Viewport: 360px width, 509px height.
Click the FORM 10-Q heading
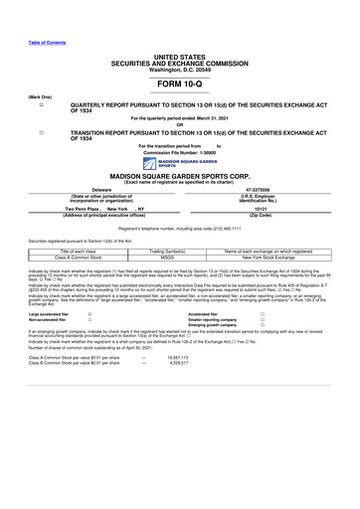click(x=179, y=84)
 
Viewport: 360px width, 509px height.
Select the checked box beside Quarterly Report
click(x=41, y=104)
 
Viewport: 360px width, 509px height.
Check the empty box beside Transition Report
click(x=41, y=132)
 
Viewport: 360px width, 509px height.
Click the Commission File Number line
click(x=179, y=151)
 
